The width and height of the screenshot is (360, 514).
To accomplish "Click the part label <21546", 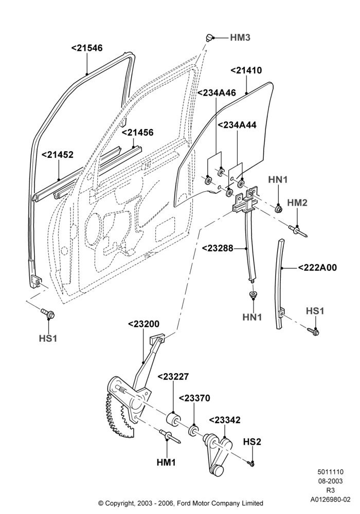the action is (87, 48).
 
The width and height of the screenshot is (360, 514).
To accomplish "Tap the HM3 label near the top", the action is (240, 38).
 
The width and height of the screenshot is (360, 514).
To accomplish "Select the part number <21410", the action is (246, 70).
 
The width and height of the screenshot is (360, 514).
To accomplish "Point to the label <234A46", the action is (217, 93).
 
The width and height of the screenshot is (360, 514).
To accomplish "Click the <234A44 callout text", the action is (237, 125).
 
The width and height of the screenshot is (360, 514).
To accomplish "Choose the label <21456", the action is (138, 133).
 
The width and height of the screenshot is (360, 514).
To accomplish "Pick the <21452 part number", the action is (58, 155).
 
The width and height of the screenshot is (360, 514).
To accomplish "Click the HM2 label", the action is (297, 203).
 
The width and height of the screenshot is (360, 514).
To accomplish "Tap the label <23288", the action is (218, 248).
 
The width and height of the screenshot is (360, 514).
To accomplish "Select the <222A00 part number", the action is (317, 268).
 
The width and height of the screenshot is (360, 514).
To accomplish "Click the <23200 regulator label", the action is (143, 324).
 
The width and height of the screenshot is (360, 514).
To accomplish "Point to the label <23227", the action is (173, 377).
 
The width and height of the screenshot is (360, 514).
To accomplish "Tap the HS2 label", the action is (252, 442).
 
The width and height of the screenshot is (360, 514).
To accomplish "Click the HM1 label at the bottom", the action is (166, 463).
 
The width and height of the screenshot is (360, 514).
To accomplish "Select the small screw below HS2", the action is (251, 464).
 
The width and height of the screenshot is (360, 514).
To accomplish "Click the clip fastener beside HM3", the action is (209, 38).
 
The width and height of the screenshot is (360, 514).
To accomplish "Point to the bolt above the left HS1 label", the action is (47, 314).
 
